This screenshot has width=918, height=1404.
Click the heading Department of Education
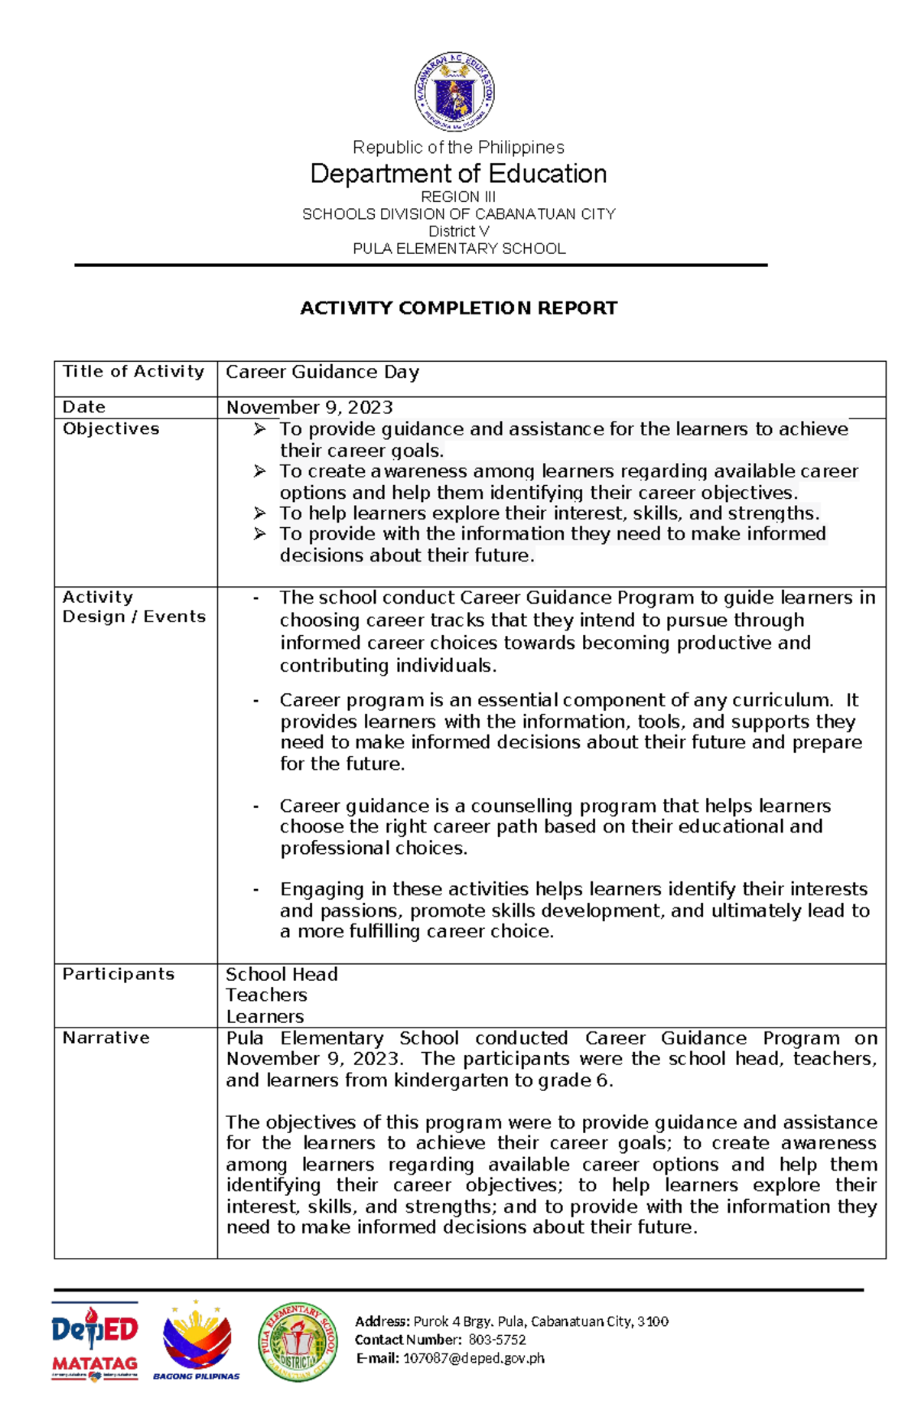tap(458, 174)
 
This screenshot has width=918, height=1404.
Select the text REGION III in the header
tap(458, 197)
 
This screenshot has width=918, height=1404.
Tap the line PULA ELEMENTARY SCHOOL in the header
tap(458, 249)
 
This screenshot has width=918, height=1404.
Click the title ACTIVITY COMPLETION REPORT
tap(458, 308)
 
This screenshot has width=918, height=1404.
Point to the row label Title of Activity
tap(134, 372)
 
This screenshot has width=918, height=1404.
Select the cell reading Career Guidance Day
tap(322, 373)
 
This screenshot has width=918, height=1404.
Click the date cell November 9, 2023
tap(309, 407)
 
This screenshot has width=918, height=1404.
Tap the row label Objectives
tap(111, 428)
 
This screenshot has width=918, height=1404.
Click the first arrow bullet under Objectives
tap(260, 429)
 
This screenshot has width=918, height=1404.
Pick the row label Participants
tap(119, 974)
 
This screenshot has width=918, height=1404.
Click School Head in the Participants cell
tap(282, 974)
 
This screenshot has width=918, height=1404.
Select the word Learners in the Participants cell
tap(265, 1017)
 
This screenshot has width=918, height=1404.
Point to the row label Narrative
tap(106, 1038)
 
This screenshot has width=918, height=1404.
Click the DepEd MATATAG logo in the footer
tap(95, 1342)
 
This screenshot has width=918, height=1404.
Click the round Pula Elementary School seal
tap(298, 1342)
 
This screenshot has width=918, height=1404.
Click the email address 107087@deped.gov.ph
tap(474, 1358)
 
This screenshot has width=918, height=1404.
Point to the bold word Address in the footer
tap(381, 1321)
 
